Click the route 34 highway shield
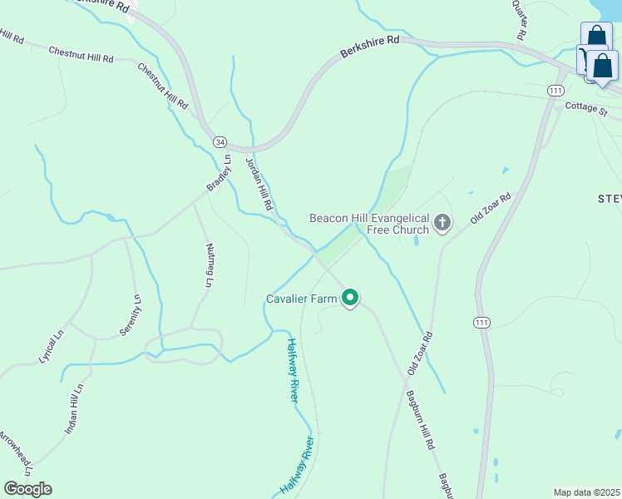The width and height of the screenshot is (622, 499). pos(220,142)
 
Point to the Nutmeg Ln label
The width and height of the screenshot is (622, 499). pos(208,264)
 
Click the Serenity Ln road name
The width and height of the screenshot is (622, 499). pos(136,314)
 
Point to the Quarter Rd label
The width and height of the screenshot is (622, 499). pos(520,20)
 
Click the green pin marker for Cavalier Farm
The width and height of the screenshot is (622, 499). pos(351,298)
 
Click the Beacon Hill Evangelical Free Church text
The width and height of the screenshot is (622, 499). pos(369,225)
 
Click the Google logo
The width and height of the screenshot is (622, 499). pos(27,489)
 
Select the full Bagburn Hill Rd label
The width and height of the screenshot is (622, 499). pos(420,420)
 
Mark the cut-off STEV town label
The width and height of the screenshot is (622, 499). pos(610,198)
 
